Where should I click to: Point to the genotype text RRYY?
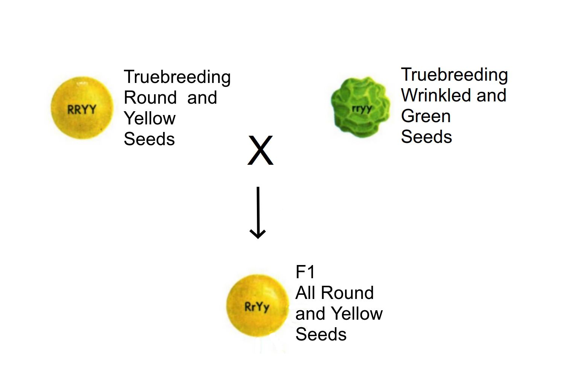click(82, 110)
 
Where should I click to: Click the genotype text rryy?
click(362, 109)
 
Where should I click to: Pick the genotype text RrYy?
click(257, 307)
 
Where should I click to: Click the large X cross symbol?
click(260, 150)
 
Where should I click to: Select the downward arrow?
click(258, 213)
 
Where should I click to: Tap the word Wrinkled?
click(436, 95)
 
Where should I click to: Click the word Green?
click(426, 116)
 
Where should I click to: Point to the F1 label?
click(305, 272)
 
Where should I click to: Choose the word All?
click(305, 293)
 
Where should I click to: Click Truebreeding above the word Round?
click(177, 77)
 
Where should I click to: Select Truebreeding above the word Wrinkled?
click(454, 75)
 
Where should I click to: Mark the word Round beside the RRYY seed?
click(150, 98)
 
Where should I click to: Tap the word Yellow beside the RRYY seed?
click(150, 118)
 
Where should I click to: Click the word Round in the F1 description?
click(348, 293)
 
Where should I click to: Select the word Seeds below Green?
click(426, 136)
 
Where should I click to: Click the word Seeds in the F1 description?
click(321, 334)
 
